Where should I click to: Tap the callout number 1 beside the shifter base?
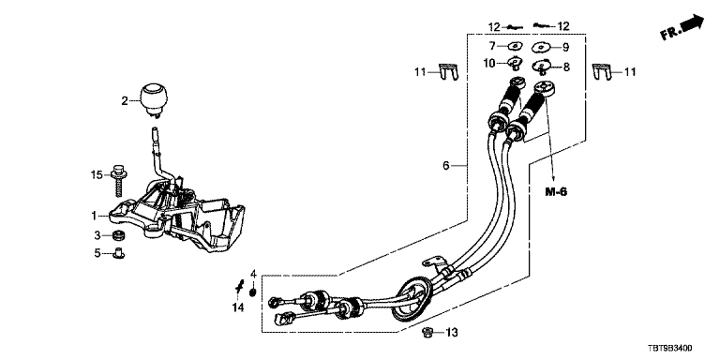[x=94, y=215]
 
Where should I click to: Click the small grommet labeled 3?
[x=119, y=236]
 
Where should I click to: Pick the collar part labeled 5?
[x=119, y=252]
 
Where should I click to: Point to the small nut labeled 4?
[x=252, y=292]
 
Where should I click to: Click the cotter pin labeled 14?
[x=239, y=288]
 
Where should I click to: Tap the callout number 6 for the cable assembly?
[x=446, y=165]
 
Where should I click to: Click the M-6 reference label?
[x=556, y=191]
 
